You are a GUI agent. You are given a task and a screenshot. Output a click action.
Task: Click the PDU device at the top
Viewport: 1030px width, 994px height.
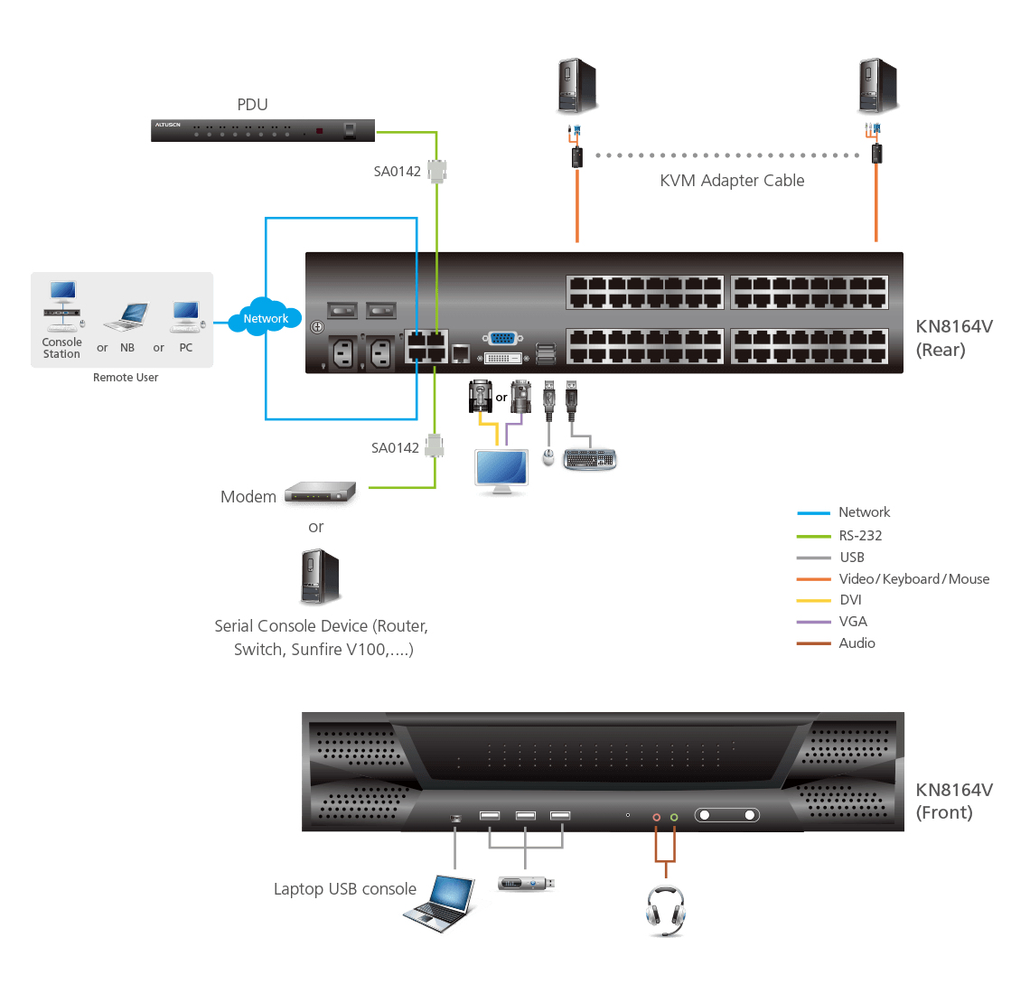point(262,130)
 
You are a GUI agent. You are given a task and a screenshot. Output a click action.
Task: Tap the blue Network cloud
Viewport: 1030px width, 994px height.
point(266,317)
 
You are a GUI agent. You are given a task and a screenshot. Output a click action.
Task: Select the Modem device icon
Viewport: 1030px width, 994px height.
point(321,492)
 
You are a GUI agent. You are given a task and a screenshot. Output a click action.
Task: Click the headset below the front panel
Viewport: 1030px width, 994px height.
point(666,910)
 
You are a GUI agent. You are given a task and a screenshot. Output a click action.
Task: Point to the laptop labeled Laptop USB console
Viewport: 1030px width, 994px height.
point(441,903)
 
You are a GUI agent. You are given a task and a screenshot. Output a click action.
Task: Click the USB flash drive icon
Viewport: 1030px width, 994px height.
point(525,883)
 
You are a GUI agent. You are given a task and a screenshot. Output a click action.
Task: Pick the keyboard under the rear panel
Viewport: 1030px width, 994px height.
point(589,460)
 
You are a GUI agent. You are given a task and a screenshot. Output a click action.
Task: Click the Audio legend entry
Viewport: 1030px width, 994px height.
point(857,643)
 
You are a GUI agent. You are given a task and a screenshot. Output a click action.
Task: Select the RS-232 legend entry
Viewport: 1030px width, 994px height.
point(860,536)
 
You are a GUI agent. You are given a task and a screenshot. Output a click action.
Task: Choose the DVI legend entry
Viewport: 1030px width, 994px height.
point(850,600)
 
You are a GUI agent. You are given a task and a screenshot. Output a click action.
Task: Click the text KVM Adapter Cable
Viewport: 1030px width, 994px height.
point(732,181)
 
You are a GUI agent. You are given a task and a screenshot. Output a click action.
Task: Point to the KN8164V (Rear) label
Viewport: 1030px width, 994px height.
point(953,338)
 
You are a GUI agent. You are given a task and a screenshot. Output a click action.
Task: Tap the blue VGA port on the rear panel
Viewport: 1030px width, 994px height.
point(502,339)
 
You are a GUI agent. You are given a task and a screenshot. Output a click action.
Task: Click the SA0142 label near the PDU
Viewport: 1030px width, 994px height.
point(398,172)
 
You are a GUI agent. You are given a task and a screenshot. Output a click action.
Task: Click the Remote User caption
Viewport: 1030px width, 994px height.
point(126,378)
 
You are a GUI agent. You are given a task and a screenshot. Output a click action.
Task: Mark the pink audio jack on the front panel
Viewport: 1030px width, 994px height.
point(657,817)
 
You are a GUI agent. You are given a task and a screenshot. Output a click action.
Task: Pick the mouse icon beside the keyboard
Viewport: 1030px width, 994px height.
point(548,458)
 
